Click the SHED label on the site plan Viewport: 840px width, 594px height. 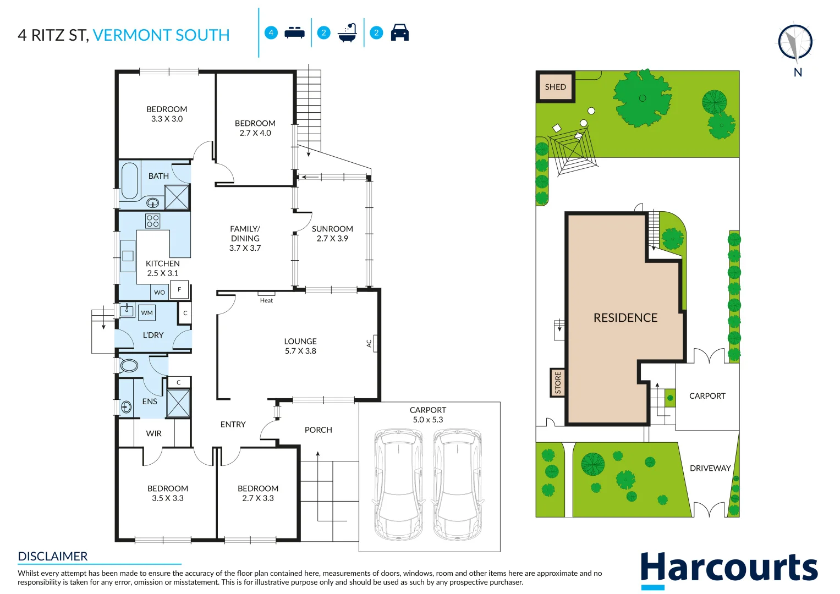coord(556,87)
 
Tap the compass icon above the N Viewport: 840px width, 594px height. coord(795,42)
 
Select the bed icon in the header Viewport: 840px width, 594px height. coord(294,32)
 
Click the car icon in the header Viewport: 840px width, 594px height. coord(400,32)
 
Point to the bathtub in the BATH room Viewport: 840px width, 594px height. coord(130,180)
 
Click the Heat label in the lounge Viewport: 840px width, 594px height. coord(266,300)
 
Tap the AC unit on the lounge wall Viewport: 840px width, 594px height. coord(375,343)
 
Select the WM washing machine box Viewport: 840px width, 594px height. coord(147,313)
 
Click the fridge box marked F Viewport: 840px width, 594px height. coord(179,289)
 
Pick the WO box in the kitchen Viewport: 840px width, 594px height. coord(160,293)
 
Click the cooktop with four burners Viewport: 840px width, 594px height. coord(152,221)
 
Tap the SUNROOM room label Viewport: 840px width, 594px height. coord(332,229)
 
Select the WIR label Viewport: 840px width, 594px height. coord(153,433)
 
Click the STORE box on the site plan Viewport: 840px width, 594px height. coord(558,382)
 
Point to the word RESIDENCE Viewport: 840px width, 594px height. coord(625,318)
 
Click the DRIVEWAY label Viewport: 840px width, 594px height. coord(710,468)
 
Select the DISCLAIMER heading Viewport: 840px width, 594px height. coord(52,556)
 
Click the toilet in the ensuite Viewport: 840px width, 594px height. coord(129,365)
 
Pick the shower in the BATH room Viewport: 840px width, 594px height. coord(177,197)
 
